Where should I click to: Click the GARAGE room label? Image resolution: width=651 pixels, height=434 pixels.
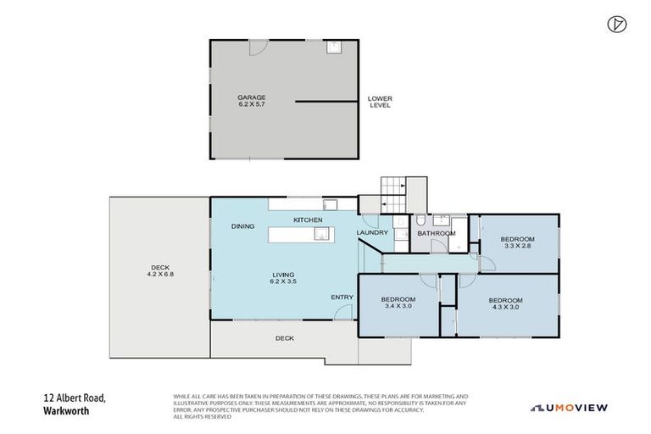(x=251, y=101)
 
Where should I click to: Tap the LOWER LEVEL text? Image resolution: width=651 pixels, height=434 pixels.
(x=380, y=102)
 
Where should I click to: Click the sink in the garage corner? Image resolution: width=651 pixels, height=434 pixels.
(x=333, y=46)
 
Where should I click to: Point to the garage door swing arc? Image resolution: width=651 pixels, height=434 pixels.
(x=255, y=48)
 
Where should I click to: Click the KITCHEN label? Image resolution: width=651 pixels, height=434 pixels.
(x=308, y=220)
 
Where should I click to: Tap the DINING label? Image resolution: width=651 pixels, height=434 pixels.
(x=244, y=226)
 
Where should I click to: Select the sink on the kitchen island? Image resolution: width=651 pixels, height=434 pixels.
(x=322, y=236)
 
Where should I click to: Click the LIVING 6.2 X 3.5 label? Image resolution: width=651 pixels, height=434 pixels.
(x=283, y=278)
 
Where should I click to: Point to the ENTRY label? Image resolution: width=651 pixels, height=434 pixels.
(x=342, y=297)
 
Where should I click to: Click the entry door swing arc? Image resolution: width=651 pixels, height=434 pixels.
(x=342, y=313)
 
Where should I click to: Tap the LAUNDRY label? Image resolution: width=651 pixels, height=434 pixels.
(x=372, y=232)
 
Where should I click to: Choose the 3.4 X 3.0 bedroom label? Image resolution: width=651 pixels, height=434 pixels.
(x=398, y=303)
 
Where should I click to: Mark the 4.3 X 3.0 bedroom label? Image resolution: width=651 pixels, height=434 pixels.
(x=505, y=303)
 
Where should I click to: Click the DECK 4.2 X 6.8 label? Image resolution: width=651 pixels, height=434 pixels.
(x=159, y=271)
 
